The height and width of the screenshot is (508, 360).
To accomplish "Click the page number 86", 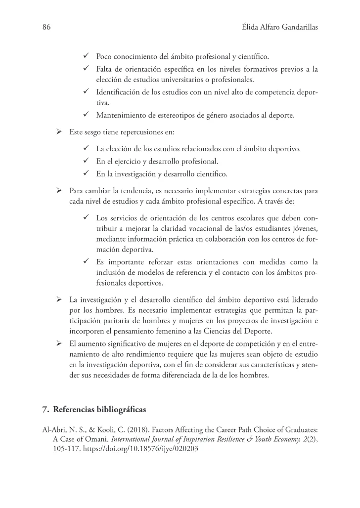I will (x=46, y=29).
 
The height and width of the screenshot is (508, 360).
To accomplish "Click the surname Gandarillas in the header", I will (x=295, y=29).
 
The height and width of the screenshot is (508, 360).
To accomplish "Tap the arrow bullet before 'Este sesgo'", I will (x=58, y=133).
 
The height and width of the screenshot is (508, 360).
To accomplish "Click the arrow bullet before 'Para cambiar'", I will (x=58, y=190).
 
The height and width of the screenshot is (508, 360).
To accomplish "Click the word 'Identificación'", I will (x=118, y=92).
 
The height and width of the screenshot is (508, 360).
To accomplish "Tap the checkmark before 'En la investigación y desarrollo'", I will (x=86, y=173).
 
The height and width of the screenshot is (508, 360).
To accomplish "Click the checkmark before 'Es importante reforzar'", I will (x=86, y=261).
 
